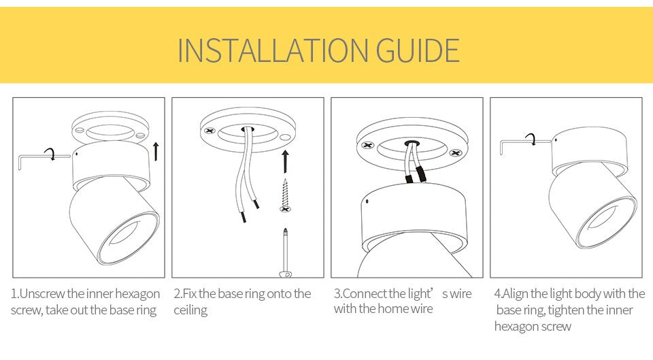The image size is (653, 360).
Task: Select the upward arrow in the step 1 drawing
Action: [x=156, y=151]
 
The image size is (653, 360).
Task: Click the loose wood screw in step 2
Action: [x=285, y=195]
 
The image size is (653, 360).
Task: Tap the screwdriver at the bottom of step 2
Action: [x=286, y=255]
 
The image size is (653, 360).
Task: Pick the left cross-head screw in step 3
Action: [x=368, y=146]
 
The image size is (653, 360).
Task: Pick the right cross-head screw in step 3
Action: [x=456, y=152]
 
